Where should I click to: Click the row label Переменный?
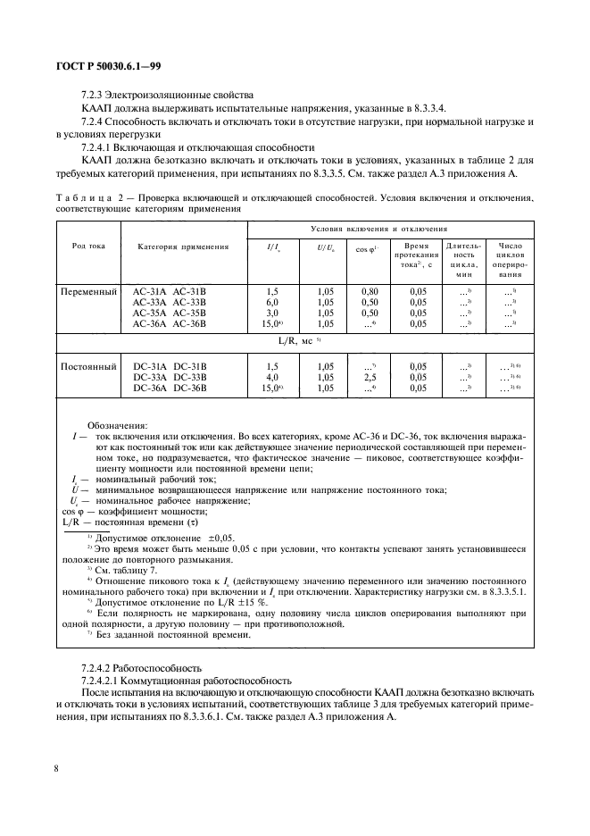click(x=88, y=291)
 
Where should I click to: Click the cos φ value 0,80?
click(x=370, y=291)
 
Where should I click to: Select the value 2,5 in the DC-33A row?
click(x=370, y=378)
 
